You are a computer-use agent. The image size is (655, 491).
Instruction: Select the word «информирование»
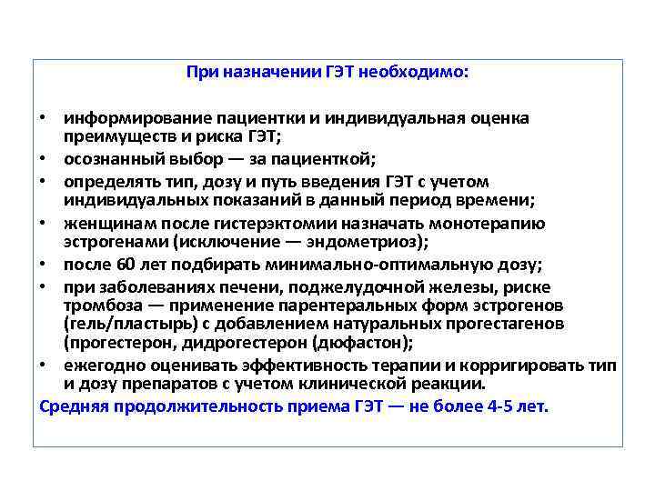coord(123,117)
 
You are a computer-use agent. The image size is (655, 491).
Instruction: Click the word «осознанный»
coord(104,157)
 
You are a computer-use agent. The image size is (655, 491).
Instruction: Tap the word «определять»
coord(103,181)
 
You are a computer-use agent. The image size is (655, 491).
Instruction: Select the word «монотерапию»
coord(490,224)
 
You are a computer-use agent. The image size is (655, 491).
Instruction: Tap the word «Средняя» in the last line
coord(69,406)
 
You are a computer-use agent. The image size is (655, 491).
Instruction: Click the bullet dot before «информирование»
coord(44,118)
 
